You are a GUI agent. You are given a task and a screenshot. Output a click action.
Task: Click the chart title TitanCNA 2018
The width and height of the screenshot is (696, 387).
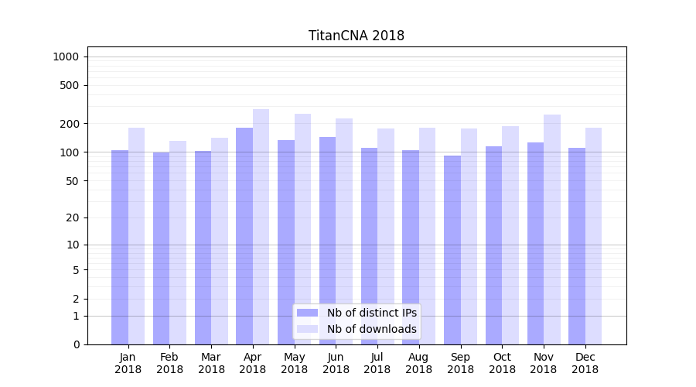click(x=356, y=36)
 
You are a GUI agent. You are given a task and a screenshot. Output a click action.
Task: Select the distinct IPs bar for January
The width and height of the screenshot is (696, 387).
click(x=120, y=247)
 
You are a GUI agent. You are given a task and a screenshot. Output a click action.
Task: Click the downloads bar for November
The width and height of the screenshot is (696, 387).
click(x=551, y=229)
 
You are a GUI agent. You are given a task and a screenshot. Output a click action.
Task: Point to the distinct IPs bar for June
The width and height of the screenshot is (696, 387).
click(x=328, y=240)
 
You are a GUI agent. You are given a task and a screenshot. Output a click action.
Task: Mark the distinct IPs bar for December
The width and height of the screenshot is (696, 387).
click(x=577, y=245)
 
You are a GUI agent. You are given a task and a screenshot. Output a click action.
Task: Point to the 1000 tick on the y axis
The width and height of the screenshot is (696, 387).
click(x=66, y=57)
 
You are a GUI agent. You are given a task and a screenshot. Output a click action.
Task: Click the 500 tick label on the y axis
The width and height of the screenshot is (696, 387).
click(x=69, y=85)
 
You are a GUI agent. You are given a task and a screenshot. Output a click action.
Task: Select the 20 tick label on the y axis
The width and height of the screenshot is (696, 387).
click(x=72, y=217)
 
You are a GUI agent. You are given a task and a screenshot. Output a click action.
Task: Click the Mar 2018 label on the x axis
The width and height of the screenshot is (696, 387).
click(x=211, y=363)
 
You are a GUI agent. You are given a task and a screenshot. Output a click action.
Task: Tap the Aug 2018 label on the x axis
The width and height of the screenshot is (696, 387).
click(x=418, y=363)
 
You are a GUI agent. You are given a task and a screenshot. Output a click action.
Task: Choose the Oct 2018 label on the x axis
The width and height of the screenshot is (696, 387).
click(x=502, y=363)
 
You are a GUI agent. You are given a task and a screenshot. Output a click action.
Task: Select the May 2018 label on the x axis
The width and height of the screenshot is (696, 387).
click(x=294, y=363)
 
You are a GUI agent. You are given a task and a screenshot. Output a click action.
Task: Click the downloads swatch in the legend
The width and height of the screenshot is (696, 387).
click(x=307, y=329)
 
